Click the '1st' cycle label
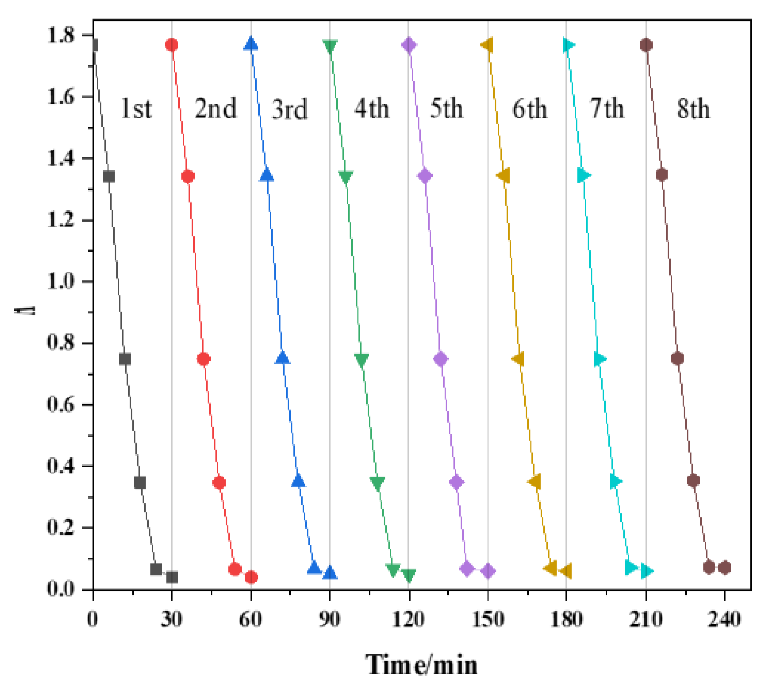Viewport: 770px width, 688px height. pos(136,109)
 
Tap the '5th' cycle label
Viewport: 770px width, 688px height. pos(446,109)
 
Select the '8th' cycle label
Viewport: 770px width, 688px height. pos(693,109)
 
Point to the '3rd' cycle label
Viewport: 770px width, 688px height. pos(289,109)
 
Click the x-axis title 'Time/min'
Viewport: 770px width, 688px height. pos(422,664)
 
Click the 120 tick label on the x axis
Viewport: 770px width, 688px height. pos(408,620)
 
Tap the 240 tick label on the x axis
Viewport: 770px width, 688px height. pos(725,620)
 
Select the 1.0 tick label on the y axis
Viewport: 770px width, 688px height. pos(61,281)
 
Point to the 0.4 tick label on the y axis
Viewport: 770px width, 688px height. pos(61,466)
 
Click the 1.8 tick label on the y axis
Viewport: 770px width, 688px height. pos(61,35)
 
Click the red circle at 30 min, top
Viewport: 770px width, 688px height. pos(172,45)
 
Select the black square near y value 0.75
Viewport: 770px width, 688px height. pos(125,359)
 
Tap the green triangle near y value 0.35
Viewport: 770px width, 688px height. pos(377,483)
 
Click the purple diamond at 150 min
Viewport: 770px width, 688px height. pos(488,570)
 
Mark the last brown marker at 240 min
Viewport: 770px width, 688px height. pos(725,568)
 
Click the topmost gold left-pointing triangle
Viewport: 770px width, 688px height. pos(487,45)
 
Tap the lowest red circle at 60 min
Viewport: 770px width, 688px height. pos(251,577)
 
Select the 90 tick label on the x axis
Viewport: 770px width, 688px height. pos(329,620)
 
